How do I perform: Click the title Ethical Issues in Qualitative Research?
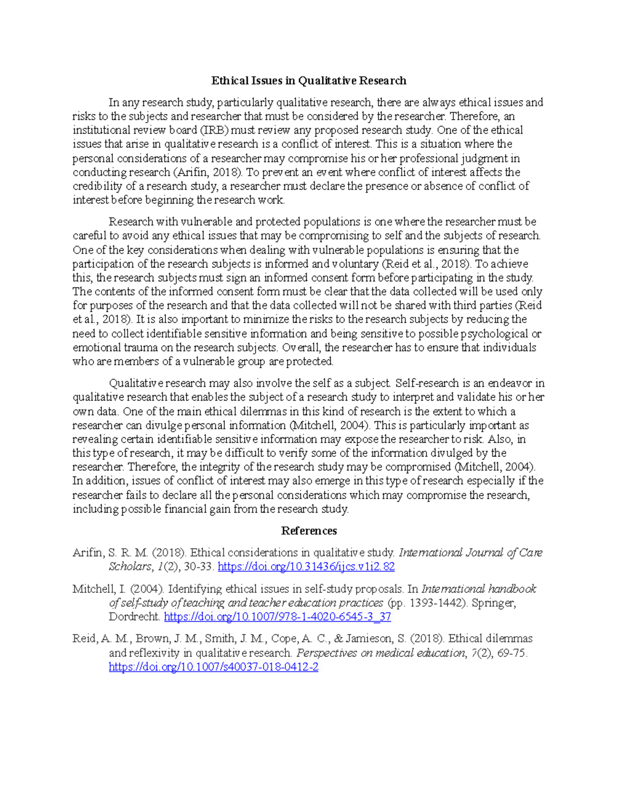308,80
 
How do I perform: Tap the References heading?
308,531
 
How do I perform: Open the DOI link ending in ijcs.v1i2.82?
306,567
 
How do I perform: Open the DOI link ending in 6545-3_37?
277,617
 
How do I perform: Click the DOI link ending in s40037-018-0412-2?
213,667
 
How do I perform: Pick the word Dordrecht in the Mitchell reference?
134,617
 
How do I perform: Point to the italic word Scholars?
130,567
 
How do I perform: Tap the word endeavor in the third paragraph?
510,383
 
